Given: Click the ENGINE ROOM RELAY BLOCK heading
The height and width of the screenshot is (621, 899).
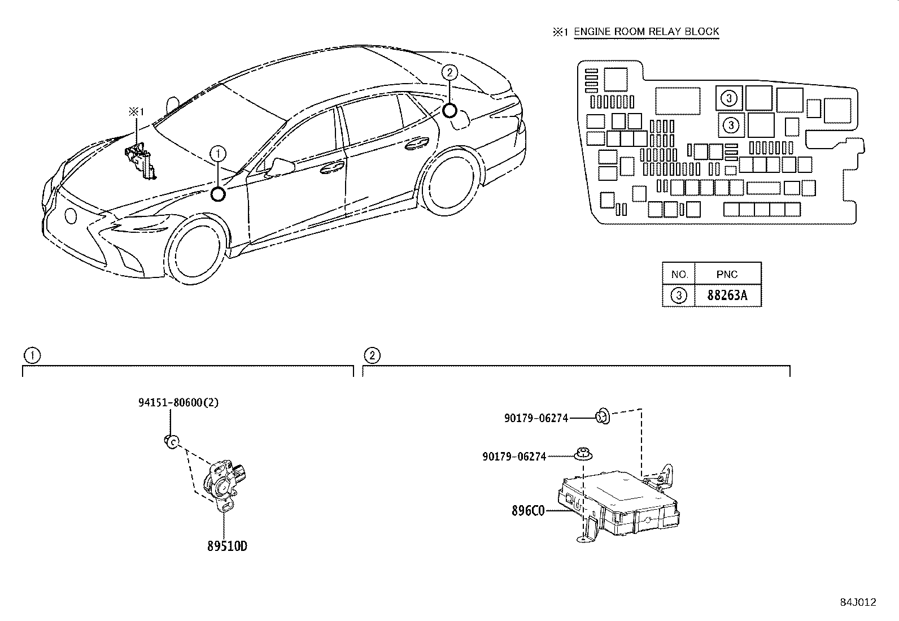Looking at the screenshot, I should click(646, 32).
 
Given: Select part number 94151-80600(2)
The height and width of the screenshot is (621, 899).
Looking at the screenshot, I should click(178, 403).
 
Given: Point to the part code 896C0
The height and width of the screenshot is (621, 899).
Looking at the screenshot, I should click(528, 511).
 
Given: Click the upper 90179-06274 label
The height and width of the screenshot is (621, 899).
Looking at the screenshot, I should click(536, 418).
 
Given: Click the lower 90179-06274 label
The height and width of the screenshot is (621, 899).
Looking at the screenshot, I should click(514, 456).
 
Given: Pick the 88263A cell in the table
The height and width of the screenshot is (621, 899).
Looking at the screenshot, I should click(727, 296).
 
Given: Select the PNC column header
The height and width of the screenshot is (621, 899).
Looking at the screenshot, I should click(727, 275).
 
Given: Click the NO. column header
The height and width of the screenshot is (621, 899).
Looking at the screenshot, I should click(679, 275).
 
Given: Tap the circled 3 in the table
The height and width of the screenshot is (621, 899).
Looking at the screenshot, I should click(679, 296).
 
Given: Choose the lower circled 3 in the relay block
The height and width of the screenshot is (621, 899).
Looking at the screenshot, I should click(731, 124).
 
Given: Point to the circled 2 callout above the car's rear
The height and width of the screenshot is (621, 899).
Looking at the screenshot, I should click(449, 72).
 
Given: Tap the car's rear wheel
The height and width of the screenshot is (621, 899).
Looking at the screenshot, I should click(450, 181).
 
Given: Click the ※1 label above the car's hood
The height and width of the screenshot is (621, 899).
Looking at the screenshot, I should click(136, 111).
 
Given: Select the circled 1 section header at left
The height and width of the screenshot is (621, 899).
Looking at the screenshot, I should click(32, 355).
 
